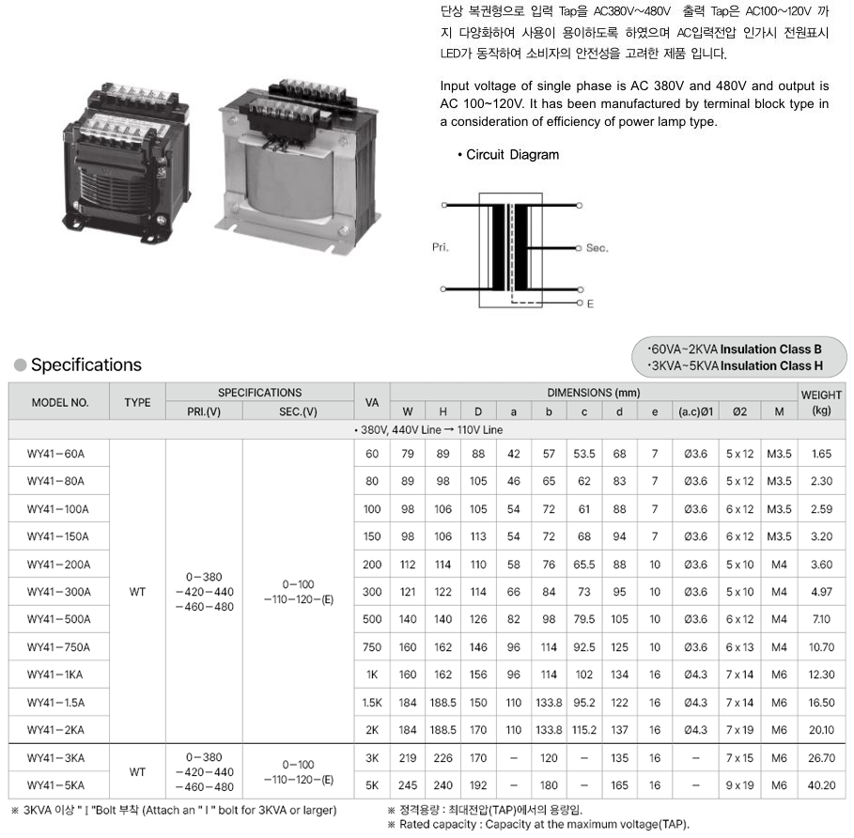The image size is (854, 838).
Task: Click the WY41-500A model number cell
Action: [59, 620]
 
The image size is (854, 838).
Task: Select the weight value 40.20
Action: [821, 785]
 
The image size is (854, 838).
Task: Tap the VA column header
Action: [372, 401]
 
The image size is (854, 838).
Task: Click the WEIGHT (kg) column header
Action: [821, 402]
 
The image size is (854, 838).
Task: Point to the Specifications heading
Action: [85, 365]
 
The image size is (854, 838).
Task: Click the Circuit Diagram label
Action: [512, 154]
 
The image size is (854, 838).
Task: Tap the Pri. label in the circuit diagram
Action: [441, 247]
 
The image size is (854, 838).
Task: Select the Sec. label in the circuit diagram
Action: [598, 248]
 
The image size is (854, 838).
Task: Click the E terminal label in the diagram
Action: [590, 304]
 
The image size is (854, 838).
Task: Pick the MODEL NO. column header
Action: [60, 402]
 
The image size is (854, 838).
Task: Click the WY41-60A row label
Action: [56, 454]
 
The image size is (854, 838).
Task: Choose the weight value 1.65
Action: [821, 454]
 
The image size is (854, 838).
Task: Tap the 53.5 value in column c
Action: [584, 454]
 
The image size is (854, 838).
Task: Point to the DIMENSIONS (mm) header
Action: [593, 392]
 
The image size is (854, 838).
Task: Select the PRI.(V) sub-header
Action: [204, 411]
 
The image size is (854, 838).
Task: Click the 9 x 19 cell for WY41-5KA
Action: [740, 785]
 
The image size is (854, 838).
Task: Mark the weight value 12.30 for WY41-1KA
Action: [821, 675]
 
